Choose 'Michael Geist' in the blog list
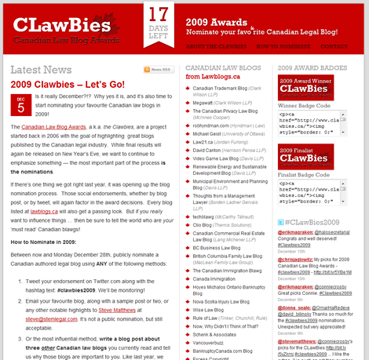(208, 134)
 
